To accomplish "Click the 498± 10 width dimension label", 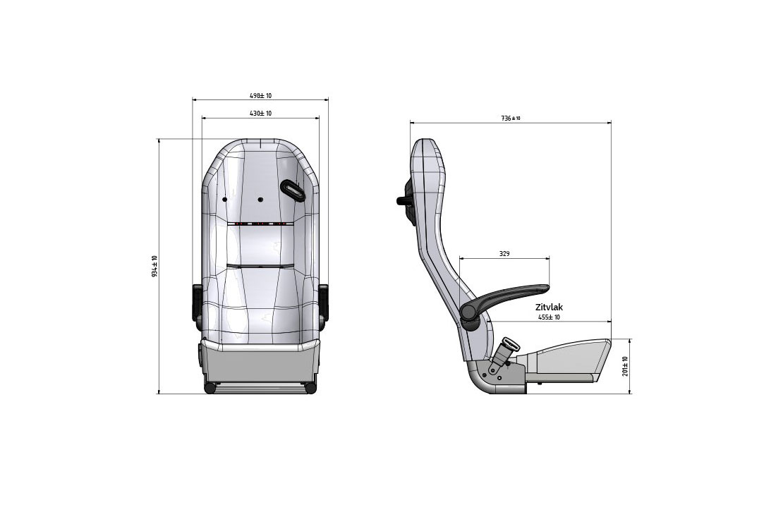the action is [x=260, y=95].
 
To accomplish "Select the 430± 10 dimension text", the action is [x=260, y=114].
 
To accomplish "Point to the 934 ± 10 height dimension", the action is [x=154, y=266].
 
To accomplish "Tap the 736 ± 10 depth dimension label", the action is [x=511, y=118].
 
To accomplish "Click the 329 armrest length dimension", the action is [x=504, y=254].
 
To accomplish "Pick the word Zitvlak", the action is [x=549, y=308].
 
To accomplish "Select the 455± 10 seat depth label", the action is [x=549, y=317].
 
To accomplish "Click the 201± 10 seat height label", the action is [x=625, y=366].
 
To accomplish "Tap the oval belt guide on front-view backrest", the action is [x=293, y=190].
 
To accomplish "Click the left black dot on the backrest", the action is [x=224, y=200].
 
